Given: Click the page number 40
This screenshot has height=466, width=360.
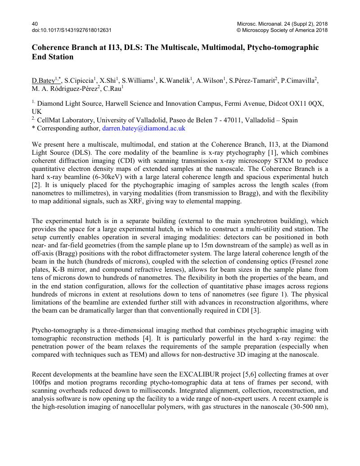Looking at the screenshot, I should click(x=35, y=23).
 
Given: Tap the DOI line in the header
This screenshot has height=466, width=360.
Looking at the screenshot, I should click(x=72, y=30).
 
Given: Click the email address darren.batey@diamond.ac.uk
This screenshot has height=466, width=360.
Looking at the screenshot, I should click(x=144, y=128).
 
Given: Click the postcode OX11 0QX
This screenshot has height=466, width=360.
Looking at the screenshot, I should click(x=303, y=103).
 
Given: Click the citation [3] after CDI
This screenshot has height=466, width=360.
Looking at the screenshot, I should click(x=257, y=311).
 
